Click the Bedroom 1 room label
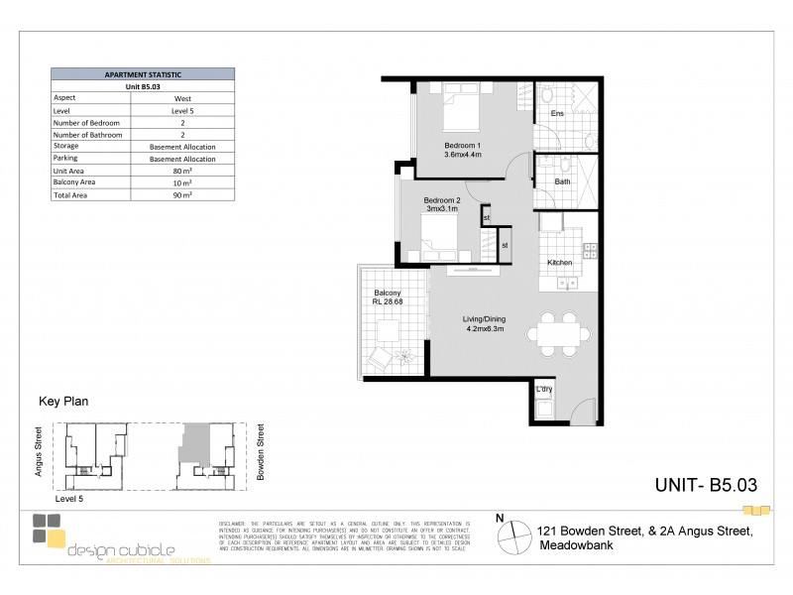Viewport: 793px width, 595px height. [462, 150]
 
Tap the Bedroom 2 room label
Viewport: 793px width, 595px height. [443, 204]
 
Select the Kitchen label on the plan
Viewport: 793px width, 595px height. [561, 263]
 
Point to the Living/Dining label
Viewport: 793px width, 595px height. [484, 324]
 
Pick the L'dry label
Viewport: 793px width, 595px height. [544, 389]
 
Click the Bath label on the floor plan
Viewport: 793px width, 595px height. [562, 181]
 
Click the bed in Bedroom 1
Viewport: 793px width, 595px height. [462, 109]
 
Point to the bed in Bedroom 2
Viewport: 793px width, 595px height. [437, 239]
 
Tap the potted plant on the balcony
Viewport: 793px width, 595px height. [403, 354]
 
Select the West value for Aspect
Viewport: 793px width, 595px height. [183, 99]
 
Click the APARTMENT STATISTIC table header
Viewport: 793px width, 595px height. [143, 74]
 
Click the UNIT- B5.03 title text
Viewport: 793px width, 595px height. [706, 485]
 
